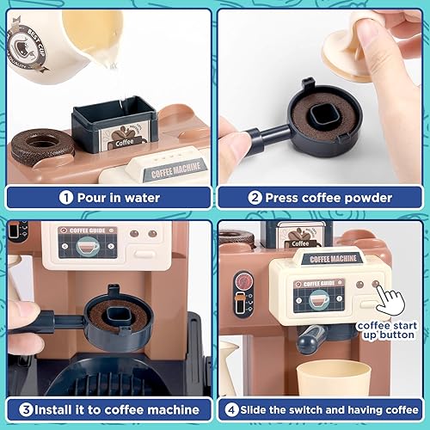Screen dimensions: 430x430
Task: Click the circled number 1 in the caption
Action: (x=65, y=196)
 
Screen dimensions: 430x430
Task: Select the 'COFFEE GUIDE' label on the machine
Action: (x=86, y=230)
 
